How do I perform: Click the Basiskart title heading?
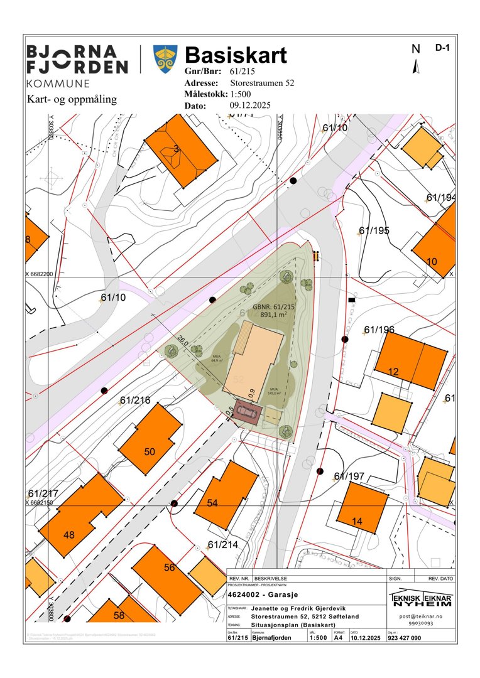[x=236, y=55]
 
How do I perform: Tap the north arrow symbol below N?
[x=415, y=66]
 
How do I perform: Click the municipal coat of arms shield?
[x=165, y=58]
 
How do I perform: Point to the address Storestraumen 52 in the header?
[x=262, y=83]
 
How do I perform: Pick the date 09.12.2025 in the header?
[x=250, y=105]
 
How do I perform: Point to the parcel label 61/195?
[x=374, y=230]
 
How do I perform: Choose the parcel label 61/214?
[x=222, y=544]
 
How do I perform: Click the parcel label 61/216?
[x=135, y=400]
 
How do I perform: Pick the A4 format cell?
[x=337, y=638]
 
